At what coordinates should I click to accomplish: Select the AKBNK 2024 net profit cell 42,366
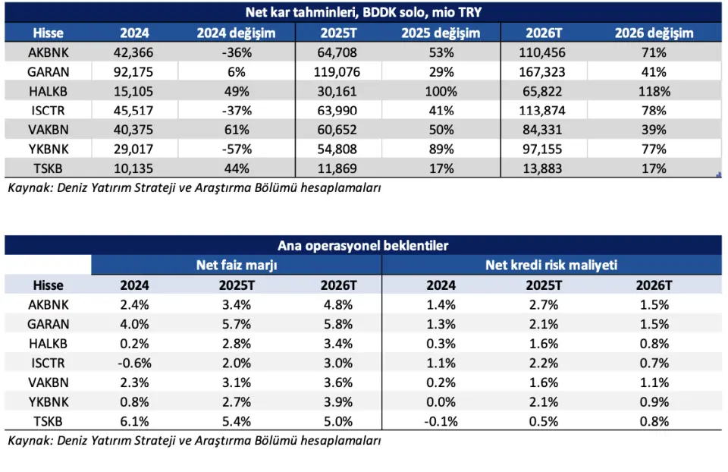point(134,52)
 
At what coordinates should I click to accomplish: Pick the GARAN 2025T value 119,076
point(338,72)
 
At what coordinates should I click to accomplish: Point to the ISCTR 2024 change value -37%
point(236,111)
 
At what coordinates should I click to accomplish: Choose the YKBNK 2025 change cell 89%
point(441,149)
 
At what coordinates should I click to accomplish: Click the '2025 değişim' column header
point(441,33)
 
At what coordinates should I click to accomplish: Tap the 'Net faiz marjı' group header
point(237,265)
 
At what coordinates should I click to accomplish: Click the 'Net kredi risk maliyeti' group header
point(551,265)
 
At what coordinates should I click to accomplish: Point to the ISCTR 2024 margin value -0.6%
point(134,363)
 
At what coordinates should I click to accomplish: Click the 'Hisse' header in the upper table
point(48,33)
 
